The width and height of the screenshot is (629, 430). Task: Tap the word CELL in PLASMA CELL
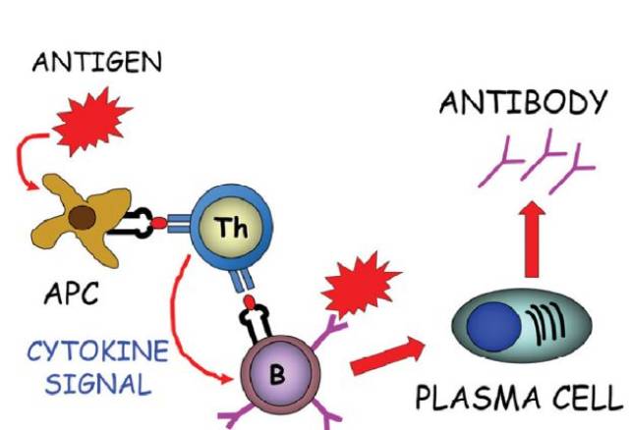click(x=586, y=400)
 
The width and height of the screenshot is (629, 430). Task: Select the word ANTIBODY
click(x=522, y=103)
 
